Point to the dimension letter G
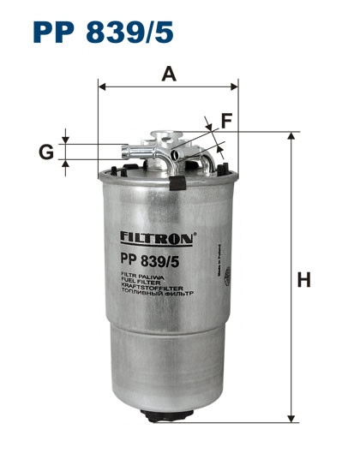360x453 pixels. point(46,152)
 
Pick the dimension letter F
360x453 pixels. point(226,122)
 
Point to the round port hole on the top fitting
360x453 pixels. point(175,154)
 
